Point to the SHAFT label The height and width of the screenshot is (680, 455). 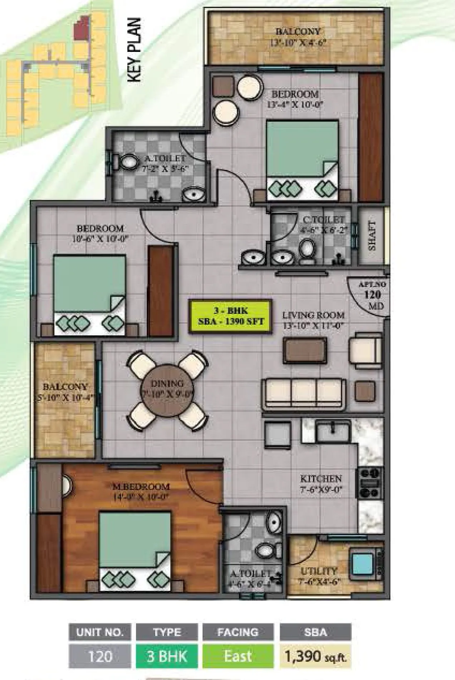click(x=372, y=235)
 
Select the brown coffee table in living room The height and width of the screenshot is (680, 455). click(x=304, y=351)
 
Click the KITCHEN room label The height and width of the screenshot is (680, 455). click(x=321, y=479)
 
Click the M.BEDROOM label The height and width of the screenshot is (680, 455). click(x=141, y=486)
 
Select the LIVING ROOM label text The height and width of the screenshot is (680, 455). click(x=313, y=315)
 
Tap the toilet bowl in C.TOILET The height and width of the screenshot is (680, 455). click(x=307, y=248)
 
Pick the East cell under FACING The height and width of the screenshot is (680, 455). click(x=238, y=656)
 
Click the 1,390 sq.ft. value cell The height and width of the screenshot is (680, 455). click(x=315, y=656)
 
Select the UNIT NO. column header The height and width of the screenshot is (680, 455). click(x=100, y=632)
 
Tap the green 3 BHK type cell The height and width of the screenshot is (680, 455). click(x=167, y=656)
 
